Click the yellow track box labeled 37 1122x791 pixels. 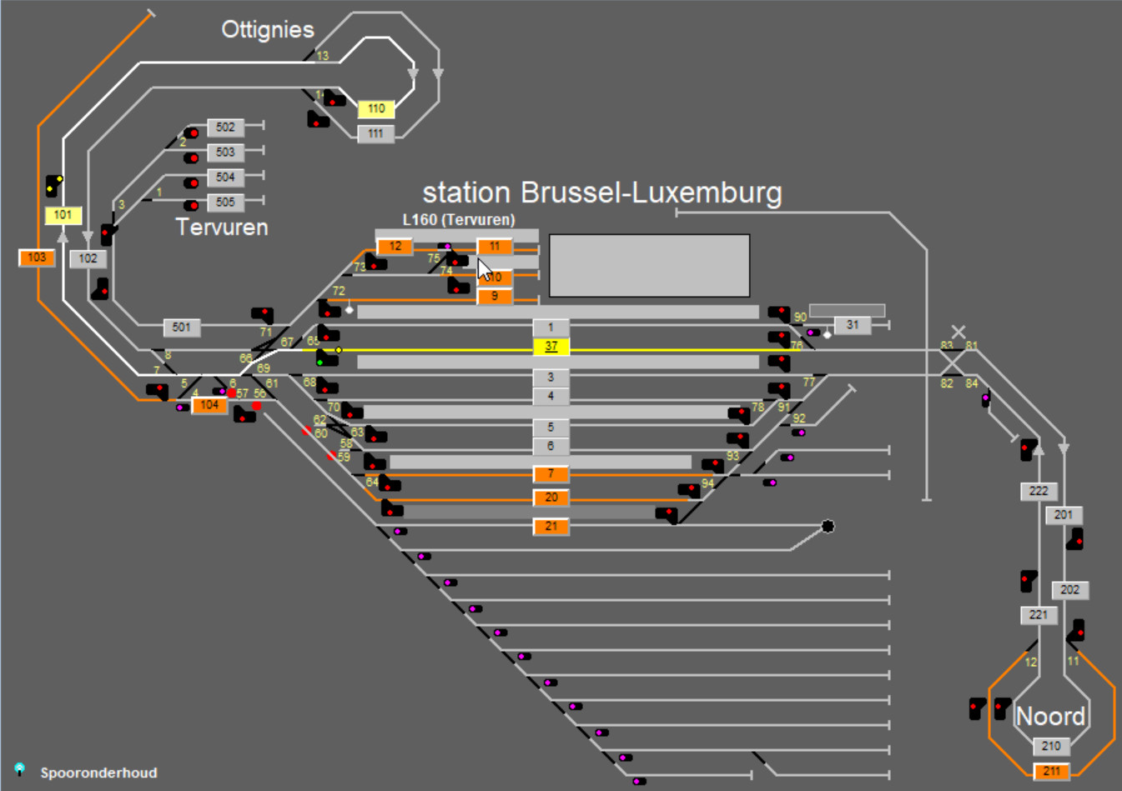[551, 347]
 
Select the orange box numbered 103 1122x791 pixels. [37, 258]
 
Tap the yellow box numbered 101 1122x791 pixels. [63, 215]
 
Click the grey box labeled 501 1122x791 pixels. [181, 328]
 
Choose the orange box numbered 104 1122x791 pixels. [209, 405]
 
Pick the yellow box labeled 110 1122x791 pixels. [376, 109]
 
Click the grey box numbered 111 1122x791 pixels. [376, 133]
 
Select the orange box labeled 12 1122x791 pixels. [395, 247]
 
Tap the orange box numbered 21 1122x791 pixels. [551, 527]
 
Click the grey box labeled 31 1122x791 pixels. [852, 325]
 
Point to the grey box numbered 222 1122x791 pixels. [1039, 492]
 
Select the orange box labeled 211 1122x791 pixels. [1051, 771]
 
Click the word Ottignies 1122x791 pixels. [268, 30]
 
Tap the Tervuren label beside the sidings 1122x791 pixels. [222, 228]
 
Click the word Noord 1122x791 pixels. [1050, 716]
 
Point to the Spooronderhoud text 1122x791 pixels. [98, 773]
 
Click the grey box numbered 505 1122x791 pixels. [225, 203]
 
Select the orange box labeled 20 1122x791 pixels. [551, 498]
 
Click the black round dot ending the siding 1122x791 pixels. [828, 526]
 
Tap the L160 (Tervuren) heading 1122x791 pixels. [459, 220]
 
